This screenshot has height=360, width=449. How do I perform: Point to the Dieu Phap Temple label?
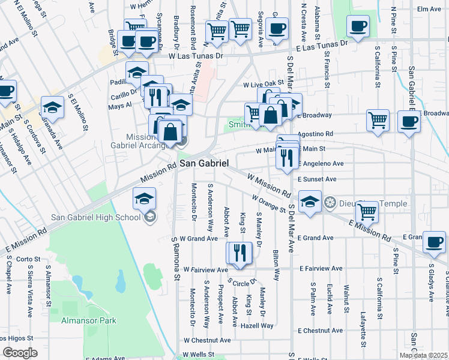pyautogui.click(x=360, y=202)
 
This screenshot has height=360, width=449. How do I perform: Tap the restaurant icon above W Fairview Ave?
pyautogui.click(x=240, y=253)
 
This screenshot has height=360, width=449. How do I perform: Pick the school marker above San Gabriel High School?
pyautogui.click(x=145, y=199)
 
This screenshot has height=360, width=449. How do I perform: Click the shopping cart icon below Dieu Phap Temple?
pyautogui.click(x=367, y=212)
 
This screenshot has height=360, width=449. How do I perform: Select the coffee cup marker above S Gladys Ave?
pyautogui.click(x=434, y=242)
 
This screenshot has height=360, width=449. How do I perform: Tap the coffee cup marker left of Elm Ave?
pyautogui.click(x=358, y=26)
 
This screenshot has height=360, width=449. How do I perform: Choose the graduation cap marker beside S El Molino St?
pyautogui.click(x=52, y=107)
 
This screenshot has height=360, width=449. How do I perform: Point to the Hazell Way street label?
pyautogui.click(x=256, y=326)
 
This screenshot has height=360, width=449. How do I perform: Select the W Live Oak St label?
pyautogui.click(x=262, y=85)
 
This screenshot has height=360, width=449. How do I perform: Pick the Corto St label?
pyautogui.click(x=28, y=259)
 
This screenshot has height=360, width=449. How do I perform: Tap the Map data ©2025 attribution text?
pyautogui.click(x=423, y=355)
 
